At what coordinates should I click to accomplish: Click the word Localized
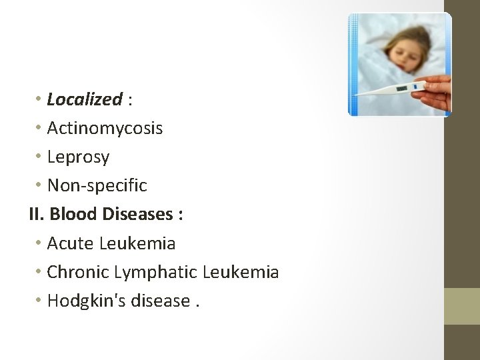pos(84,100)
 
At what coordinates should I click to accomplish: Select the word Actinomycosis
pos(105,128)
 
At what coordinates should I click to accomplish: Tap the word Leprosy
pos(78,157)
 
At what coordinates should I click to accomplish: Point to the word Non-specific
pos(97,185)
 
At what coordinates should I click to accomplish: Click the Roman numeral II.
pos(36,214)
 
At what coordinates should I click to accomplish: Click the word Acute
pos(71,243)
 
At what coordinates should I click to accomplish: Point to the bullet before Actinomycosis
pos(40,128)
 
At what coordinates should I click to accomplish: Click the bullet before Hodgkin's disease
pos(40,301)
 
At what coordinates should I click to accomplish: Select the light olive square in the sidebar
pos(461,306)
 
